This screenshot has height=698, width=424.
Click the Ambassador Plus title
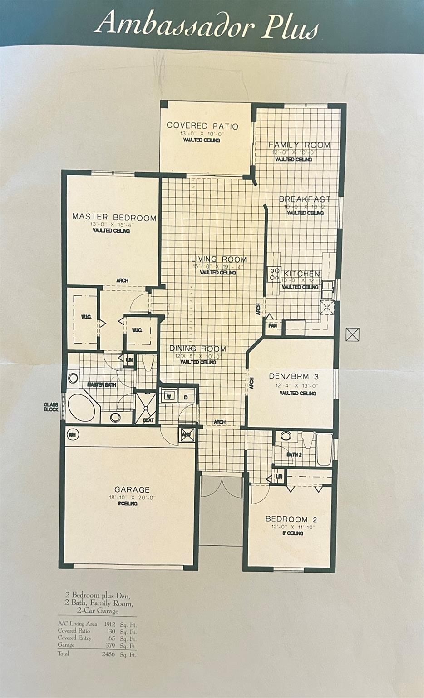point(207,24)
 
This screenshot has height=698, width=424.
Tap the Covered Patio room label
point(202,126)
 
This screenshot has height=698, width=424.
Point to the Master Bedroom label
point(114,217)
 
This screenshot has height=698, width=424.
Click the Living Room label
point(218,259)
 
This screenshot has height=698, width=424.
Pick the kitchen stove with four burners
point(274,273)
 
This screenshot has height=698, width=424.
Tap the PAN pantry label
point(273,326)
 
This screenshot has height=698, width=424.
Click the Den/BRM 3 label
point(294,376)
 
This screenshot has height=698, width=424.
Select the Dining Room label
point(198,349)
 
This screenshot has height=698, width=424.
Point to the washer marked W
point(168,396)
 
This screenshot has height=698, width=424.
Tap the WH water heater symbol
point(72,435)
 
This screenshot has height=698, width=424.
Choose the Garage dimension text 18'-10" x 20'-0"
point(132,498)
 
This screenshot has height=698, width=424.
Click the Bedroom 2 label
point(291,519)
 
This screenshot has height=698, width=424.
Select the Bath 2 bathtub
point(324,449)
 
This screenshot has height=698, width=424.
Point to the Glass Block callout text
point(51,407)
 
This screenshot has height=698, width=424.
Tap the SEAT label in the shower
point(148,420)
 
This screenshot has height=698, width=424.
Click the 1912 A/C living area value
point(110,624)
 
